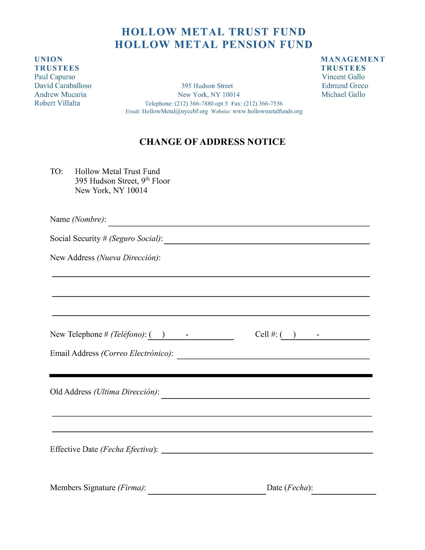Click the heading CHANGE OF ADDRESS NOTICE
[x=212, y=142]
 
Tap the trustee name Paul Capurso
[x=55, y=77]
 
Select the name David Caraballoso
[x=63, y=86]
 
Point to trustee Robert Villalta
[x=57, y=103]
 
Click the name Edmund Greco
[x=345, y=86]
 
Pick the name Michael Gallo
[x=343, y=95]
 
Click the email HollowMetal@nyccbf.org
[x=175, y=111]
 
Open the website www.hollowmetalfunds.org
[x=267, y=111]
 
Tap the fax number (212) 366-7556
[x=263, y=104]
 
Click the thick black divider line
[x=211, y=376]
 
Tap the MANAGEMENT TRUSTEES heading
[x=353, y=63]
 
